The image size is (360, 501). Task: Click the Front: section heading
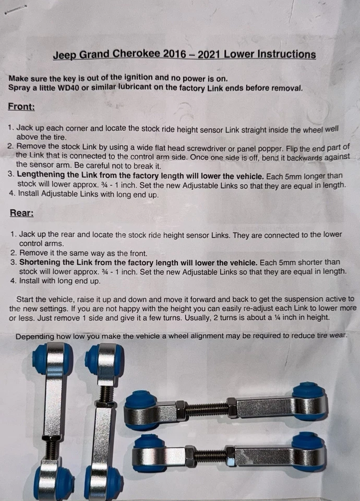coord(22,106)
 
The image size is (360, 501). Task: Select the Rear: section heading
coord(21,213)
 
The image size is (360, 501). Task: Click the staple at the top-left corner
coord(15,9)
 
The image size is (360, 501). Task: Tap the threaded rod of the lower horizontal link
coord(210,456)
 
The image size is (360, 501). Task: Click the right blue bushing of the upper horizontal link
coord(309,401)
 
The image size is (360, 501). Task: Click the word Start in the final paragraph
coord(26,299)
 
